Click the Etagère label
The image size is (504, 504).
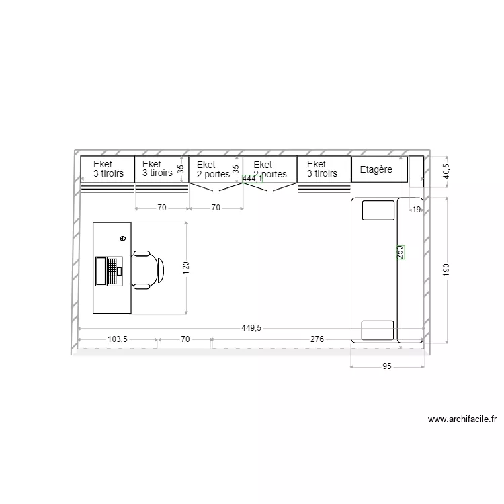point(376,170)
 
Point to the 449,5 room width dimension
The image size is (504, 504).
point(251,328)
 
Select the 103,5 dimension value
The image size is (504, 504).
point(118,340)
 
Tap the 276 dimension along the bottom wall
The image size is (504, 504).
point(317,340)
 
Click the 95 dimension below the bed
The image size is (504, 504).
point(387,367)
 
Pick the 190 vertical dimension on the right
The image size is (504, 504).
point(446,269)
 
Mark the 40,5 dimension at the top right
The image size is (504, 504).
point(446,171)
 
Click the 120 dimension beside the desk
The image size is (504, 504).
point(187,267)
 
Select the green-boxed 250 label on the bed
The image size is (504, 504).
point(401,252)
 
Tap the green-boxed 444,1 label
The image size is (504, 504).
point(252,179)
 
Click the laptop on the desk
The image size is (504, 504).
point(108,271)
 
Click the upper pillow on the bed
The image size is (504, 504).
point(378,210)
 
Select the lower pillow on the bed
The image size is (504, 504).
point(377,331)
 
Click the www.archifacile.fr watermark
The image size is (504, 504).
point(462,419)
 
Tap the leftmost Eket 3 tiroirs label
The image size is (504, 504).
point(108,169)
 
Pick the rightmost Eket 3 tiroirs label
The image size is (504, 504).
point(322,169)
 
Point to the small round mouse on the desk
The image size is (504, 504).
point(122,238)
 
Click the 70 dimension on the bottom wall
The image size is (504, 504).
point(185,340)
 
